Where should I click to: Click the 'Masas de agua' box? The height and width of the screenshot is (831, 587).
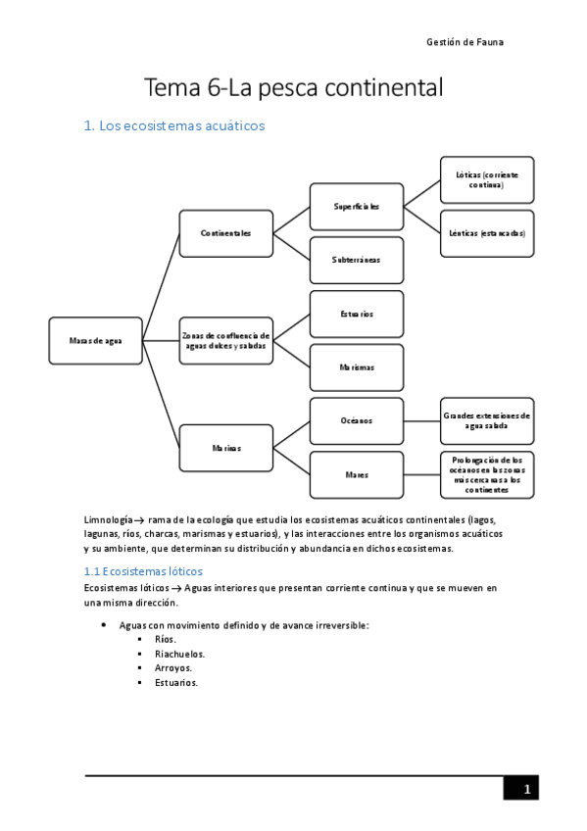[95, 341]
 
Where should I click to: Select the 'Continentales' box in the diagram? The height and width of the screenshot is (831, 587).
[225, 233]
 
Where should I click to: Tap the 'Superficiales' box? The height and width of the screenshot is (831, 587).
[356, 207]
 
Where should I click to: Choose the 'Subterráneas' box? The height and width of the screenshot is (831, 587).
[356, 260]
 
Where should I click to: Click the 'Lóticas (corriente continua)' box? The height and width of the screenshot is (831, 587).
[487, 179]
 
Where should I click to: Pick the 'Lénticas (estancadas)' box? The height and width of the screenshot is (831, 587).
[487, 233]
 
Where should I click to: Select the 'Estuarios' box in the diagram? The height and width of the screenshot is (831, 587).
[356, 314]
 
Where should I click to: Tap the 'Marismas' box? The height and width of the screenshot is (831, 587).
[356, 367]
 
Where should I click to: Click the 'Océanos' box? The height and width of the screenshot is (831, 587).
[356, 420]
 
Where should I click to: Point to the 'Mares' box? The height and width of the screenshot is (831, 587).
[356, 474]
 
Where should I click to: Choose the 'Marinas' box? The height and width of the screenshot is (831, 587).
[225, 448]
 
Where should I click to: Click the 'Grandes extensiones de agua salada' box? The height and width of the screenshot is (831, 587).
[487, 420]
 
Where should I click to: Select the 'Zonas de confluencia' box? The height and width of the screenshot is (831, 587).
[225, 341]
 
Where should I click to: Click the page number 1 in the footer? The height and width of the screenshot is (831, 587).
[526, 789]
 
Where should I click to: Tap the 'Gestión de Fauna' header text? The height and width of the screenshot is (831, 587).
[465, 42]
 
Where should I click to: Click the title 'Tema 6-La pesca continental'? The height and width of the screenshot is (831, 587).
[294, 88]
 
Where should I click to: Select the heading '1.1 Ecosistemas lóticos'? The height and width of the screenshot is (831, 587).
[143, 570]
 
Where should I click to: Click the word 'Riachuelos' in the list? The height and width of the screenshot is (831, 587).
[179, 654]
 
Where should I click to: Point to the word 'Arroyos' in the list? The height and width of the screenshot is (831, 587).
[172, 668]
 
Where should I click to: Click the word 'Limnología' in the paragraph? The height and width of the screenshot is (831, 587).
[108, 518]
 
